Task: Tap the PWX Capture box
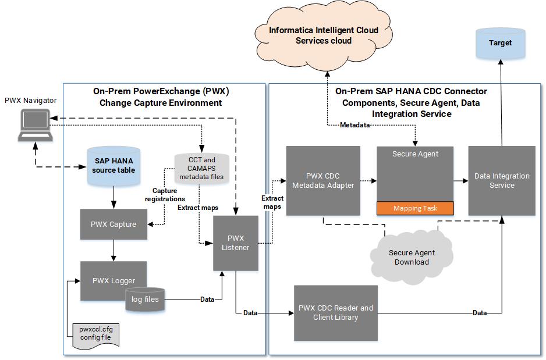pyautogui.click(x=114, y=224)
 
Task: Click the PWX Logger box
pyautogui.click(x=114, y=280)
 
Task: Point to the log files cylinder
pyautogui.click(x=146, y=300)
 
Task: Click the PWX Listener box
pyautogui.click(x=236, y=243)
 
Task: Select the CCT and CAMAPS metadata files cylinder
pyautogui.click(x=201, y=167)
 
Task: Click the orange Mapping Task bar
pyautogui.click(x=415, y=208)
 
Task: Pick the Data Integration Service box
pyautogui.click(x=502, y=181)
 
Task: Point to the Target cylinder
pyautogui.click(x=500, y=44)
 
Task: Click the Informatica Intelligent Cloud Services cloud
pyautogui.click(x=323, y=35)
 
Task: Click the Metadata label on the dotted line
pyautogui.click(x=354, y=124)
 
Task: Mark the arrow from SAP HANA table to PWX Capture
pyautogui.click(x=114, y=198)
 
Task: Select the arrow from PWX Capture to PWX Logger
pyautogui.click(x=114, y=250)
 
